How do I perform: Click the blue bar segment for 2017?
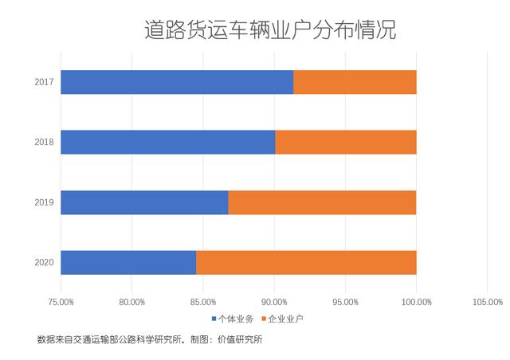point(177,82)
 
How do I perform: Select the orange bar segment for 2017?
point(355,82)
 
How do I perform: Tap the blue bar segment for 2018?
point(167,142)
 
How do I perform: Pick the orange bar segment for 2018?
point(346,142)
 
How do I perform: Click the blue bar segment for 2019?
point(144,202)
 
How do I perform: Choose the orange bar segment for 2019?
point(322,202)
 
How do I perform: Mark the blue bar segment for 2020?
point(128,262)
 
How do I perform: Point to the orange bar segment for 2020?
point(306,262)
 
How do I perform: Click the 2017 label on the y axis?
point(44,82)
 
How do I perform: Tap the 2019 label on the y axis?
point(44,202)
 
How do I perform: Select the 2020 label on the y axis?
point(44,262)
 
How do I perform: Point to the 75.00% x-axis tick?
point(61,302)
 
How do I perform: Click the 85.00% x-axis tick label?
point(203,302)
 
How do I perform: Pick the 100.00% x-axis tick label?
point(416,302)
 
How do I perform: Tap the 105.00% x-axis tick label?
point(487,302)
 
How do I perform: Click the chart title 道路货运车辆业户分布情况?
point(270,31)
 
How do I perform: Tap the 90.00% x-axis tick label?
point(274,302)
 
